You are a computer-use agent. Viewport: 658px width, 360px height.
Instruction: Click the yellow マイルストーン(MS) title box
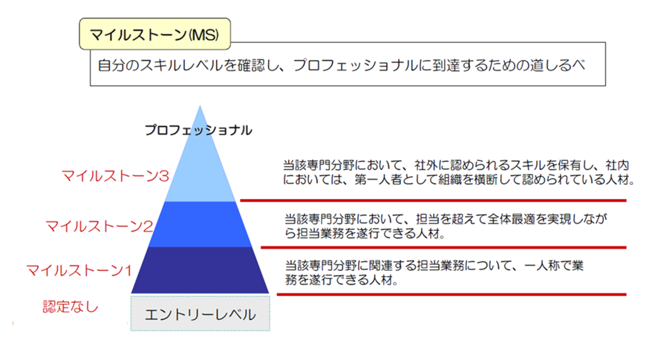(155, 34)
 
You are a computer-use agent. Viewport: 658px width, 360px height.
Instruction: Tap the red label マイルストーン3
(115, 176)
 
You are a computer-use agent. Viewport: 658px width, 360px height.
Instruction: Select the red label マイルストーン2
(100, 226)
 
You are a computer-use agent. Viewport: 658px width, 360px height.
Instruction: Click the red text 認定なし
(71, 307)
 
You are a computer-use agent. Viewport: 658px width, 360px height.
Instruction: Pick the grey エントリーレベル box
(201, 313)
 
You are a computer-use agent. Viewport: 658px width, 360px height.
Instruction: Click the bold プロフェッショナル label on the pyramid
(198, 130)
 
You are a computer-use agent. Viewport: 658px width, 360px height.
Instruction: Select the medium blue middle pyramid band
(201, 224)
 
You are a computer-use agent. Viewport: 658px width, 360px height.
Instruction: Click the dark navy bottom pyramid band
(201, 269)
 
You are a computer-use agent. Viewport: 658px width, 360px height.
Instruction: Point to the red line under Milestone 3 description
(433, 200)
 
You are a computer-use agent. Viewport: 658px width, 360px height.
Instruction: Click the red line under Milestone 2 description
(443, 248)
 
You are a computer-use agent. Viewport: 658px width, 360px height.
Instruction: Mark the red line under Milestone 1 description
(452, 295)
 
